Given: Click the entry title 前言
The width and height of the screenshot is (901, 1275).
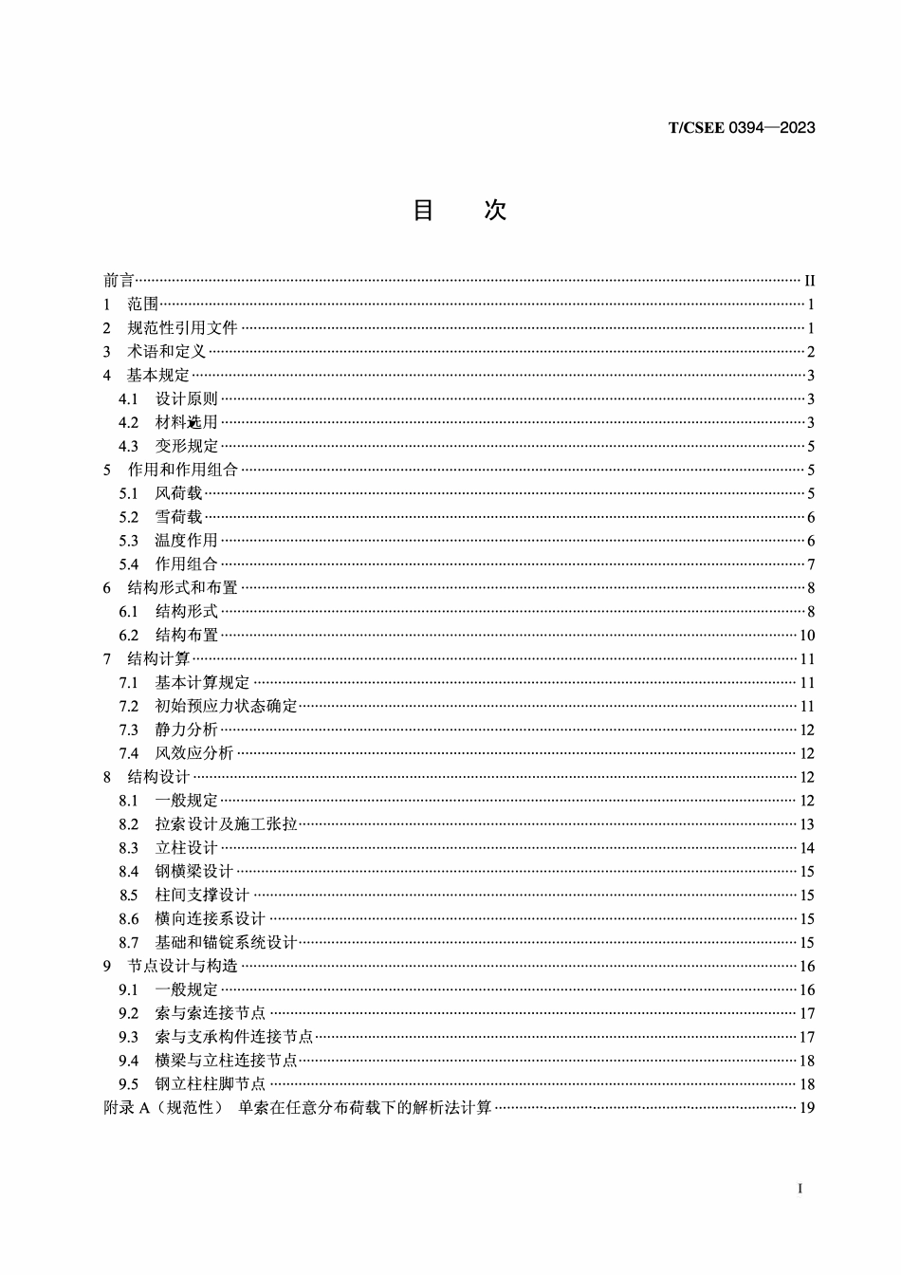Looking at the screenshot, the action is pyautogui.click(x=119, y=281).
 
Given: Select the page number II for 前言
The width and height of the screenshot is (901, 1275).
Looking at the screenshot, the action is pyautogui.click(x=809, y=281).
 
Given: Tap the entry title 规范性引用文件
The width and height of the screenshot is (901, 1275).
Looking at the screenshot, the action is pyautogui.click(x=182, y=328).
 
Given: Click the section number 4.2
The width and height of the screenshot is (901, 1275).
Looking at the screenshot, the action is pyautogui.click(x=128, y=422).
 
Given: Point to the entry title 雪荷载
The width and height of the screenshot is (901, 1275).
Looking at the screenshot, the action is pyautogui.click(x=178, y=517).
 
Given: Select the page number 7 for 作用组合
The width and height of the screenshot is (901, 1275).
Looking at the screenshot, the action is pyautogui.click(x=812, y=564).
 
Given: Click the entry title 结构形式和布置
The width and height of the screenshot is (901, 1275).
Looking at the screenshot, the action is pyautogui.click(x=182, y=588).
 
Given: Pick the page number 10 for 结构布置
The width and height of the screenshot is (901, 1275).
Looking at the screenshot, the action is pyautogui.click(x=807, y=636).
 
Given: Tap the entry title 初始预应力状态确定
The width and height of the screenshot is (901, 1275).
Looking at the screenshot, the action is pyautogui.click(x=226, y=706).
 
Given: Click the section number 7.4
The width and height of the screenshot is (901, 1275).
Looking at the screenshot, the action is pyautogui.click(x=128, y=753).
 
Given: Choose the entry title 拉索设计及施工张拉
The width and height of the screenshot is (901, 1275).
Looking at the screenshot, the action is pyautogui.click(x=226, y=824).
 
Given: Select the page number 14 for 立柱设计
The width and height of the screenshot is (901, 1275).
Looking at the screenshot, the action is pyautogui.click(x=807, y=848).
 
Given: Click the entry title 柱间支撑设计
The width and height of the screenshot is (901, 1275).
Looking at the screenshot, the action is pyautogui.click(x=202, y=895).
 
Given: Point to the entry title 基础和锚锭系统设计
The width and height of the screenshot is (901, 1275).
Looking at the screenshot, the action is pyautogui.click(x=226, y=942).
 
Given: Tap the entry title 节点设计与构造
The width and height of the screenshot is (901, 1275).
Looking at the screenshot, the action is pyautogui.click(x=182, y=966).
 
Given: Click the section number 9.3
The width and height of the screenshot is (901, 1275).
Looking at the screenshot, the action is pyautogui.click(x=128, y=1037).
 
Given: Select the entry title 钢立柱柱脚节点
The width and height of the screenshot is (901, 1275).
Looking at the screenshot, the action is pyautogui.click(x=211, y=1084).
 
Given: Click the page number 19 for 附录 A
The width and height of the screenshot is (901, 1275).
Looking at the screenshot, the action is pyautogui.click(x=807, y=1107).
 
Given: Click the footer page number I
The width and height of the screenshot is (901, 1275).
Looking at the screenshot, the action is pyautogui.click(x=800, y=1189).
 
